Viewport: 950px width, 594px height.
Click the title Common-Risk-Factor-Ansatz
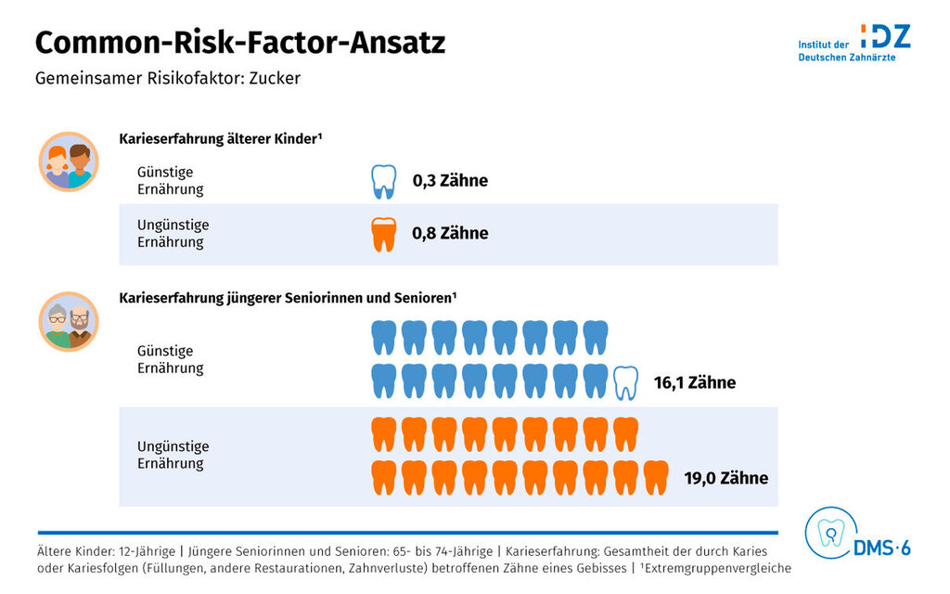(x=240, y=43)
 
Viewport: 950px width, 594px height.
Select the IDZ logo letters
(x=885, y=36)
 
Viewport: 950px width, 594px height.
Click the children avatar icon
(x=69, y=161)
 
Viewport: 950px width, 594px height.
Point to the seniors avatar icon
(x=69, y=322)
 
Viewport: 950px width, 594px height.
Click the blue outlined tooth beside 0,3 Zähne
(x=383, y=181)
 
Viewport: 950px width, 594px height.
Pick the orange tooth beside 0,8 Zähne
(x=383, y=234)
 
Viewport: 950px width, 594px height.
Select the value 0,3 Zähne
(x=450, y=181)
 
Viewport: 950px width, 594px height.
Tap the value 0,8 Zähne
(x=450, y=234)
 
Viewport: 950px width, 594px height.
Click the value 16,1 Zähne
(x=694, y=382)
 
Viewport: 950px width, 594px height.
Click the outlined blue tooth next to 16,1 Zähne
(x=626, y=382)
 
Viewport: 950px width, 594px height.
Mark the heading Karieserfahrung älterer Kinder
(x=220, y=139)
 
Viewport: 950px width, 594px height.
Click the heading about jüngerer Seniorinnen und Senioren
(x=288, y=298)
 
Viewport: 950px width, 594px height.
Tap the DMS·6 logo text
(x=882, y=549)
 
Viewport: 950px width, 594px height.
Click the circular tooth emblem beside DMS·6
(x=829, y=533)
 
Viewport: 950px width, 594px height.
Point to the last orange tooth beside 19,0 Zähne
(x=656, y=477)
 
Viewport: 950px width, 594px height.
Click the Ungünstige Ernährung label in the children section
(x=173, y=234)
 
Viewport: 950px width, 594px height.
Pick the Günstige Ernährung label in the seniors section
(x=170, y=359)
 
